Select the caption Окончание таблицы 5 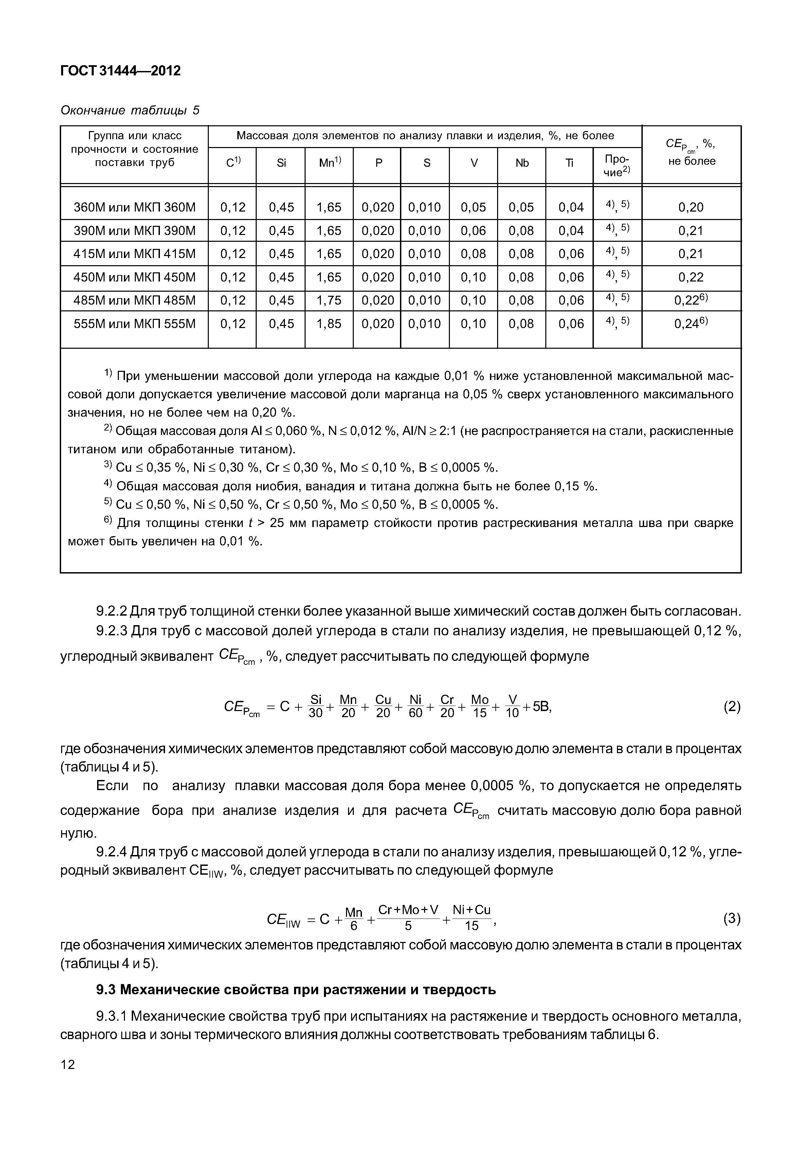[x=130, y=110]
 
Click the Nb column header [x=522, y=163]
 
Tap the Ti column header [x=569, y=163]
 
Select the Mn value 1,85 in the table [x=329, y=324]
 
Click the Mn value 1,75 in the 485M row [x=329, y=300]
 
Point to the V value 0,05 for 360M [x=473, y=207]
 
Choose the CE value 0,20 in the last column [x=691, y=207]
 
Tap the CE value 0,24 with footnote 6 [x=691, y=324]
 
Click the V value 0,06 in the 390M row [x=473, y=231]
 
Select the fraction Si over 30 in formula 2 [x=315, y=706]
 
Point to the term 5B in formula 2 [x=542, y=707]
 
